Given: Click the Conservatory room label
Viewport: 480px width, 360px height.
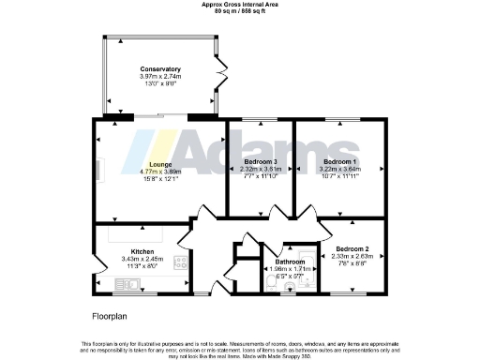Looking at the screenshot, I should [160, 69].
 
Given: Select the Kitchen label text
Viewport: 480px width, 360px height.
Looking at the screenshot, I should [142, 251].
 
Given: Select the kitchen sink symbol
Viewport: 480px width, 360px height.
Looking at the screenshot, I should [102, 265].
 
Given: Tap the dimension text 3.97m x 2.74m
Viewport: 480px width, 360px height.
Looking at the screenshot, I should [160, 77].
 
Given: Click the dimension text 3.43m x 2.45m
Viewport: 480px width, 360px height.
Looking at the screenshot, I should [142, 259].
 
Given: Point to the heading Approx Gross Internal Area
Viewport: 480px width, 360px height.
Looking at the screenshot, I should [239, 4].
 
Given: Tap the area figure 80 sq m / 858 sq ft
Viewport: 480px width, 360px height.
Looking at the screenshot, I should [239, 10].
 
